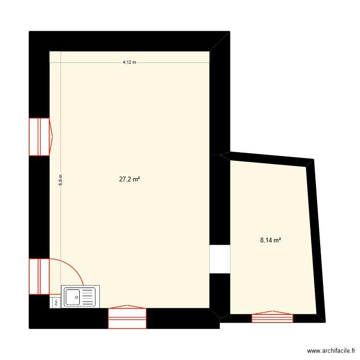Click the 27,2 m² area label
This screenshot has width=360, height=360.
130,180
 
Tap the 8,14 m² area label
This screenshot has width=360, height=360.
270,241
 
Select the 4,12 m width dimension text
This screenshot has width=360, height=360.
130,62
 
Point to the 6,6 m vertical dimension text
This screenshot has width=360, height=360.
61,180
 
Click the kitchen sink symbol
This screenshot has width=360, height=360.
80,297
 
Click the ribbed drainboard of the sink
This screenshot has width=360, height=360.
89,297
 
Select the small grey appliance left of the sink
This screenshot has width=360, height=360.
55,302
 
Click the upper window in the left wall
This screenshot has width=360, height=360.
39,137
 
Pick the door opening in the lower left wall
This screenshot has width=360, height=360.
39,276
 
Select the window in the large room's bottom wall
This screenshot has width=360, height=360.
127,317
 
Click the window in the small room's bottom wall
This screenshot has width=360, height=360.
272,317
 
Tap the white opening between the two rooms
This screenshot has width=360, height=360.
220,259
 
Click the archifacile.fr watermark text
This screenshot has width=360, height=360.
331,351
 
